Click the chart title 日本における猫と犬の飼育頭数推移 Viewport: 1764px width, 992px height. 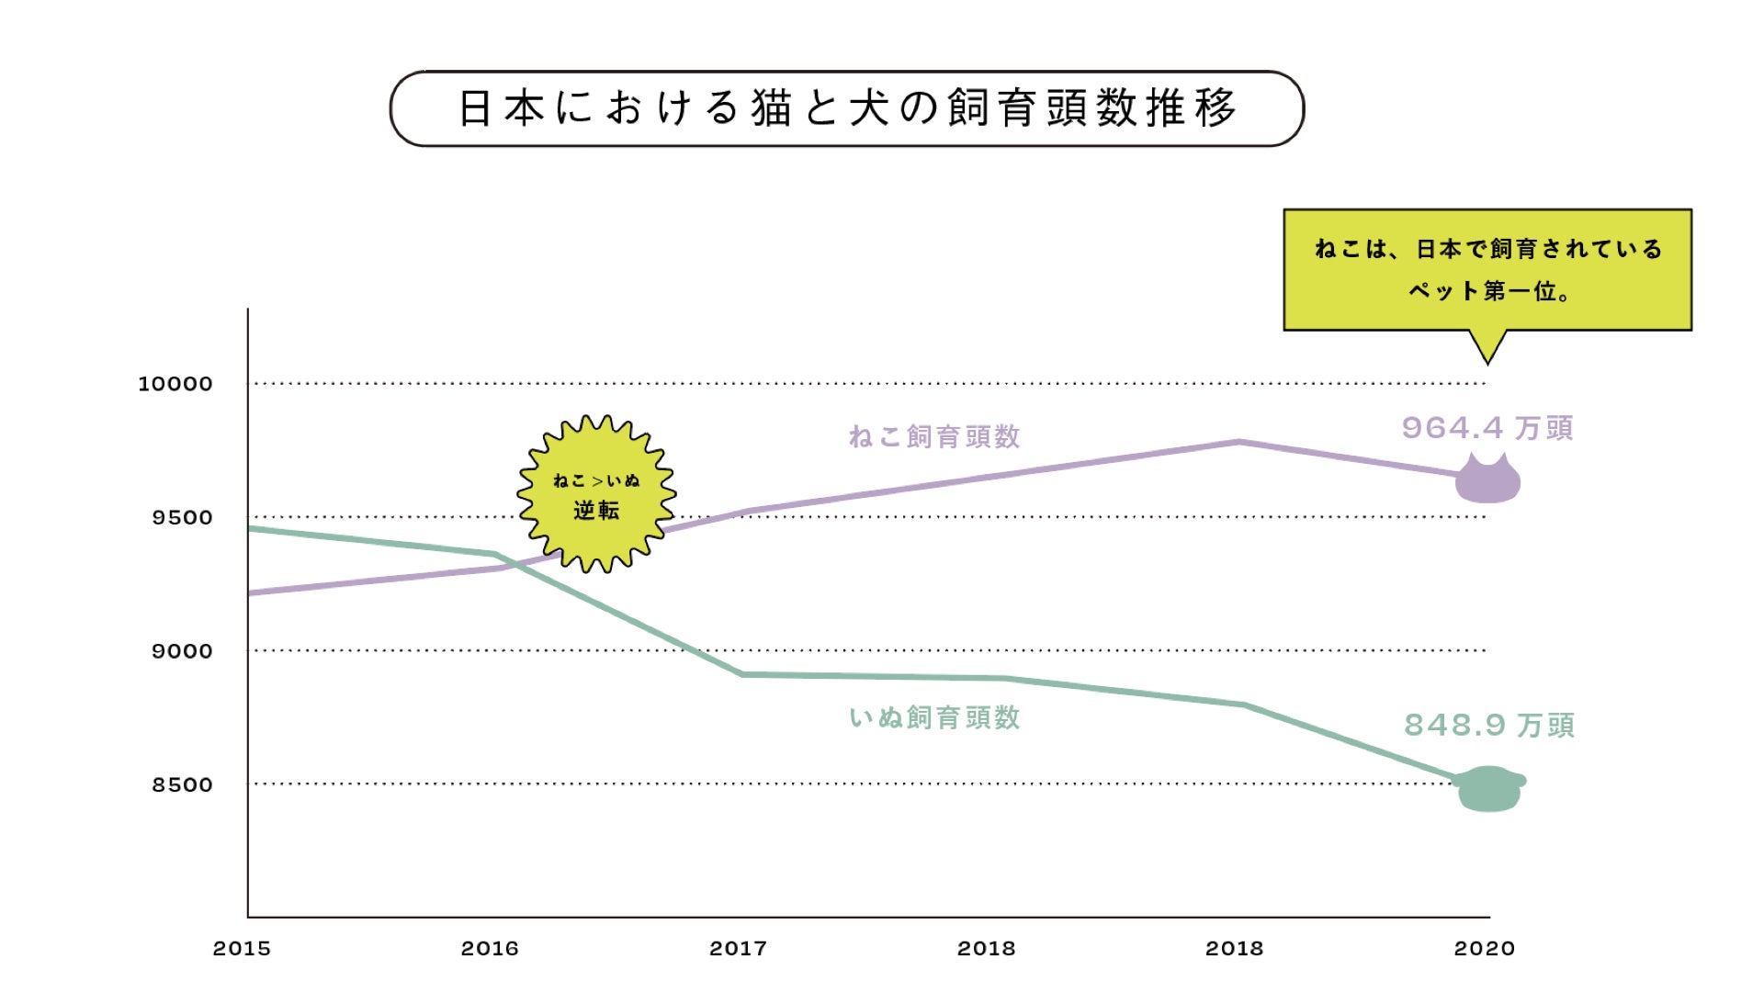point(846,108)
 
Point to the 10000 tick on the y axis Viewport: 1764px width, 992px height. point(175,384)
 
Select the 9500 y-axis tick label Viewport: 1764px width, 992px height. point(182,517)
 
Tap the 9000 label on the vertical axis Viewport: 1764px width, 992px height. point(182,651)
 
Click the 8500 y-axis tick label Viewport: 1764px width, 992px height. point(182,784)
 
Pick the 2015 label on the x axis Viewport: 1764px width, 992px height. point(242,949)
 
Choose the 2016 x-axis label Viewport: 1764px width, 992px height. point(490,949)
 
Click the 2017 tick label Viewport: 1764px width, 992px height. point(738,949)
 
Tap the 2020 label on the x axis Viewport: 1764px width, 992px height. point(1484,949)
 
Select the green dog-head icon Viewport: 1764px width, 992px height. point(1489,788)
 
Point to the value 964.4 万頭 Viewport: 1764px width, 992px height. point(1487,428)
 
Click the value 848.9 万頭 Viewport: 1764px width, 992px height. point(1489,726)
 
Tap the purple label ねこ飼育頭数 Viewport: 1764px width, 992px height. point(934,437)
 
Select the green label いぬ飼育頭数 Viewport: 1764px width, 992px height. point(934,717)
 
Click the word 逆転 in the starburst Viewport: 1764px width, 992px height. point(596,511)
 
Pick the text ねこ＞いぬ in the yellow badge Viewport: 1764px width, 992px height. point(596,480)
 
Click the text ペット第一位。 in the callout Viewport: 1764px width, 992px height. point(1489,291)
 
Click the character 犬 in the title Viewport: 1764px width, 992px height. point(869,108)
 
